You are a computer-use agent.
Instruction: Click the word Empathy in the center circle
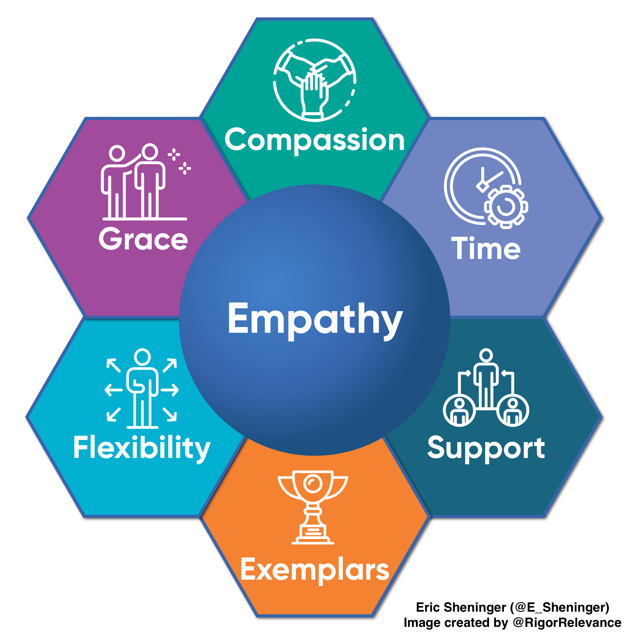click(315, 319)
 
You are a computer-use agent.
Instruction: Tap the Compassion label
click(315, 140)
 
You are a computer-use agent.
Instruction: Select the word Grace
click(143, 239)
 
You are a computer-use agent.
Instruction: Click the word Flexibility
click(142, 447)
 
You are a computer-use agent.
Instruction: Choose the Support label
click(486, 448)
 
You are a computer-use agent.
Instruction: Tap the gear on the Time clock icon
click(506, 207)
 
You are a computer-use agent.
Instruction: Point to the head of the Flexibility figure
click(142, 357)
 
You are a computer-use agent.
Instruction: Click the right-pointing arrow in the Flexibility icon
click(170, 390)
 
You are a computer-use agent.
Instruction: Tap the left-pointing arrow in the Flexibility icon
click(113, 390)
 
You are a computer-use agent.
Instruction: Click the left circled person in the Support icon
click(459, 410)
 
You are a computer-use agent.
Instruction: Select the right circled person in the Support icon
click(513, 410)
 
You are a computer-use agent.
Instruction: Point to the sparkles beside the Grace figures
click(179, 161)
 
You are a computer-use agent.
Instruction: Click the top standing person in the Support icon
click(486, 376)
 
